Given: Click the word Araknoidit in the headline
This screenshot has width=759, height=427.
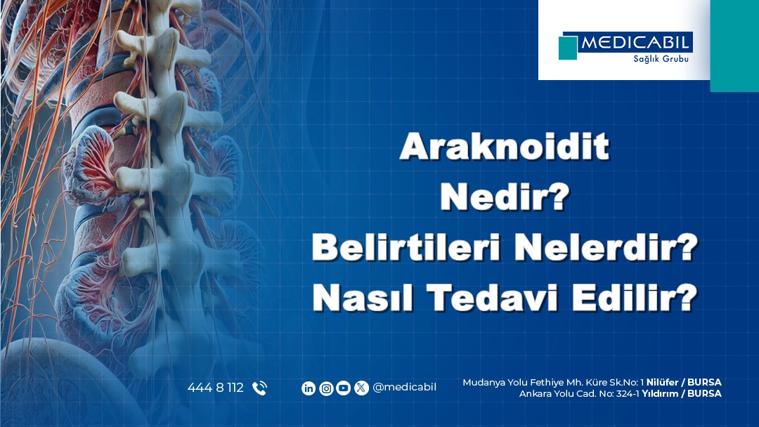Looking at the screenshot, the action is [505, 146].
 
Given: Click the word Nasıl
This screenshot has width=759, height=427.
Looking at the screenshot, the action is [363, 298].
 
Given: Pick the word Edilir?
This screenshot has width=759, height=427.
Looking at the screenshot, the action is [635, 298].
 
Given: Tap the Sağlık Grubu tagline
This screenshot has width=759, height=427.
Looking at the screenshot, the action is [661, 59].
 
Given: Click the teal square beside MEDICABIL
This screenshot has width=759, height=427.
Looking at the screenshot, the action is [568, 48].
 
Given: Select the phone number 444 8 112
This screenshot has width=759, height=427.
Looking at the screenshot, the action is [216, 388].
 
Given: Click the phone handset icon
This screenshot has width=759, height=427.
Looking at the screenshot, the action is [259, 388].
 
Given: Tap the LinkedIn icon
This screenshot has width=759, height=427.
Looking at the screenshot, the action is [309, 388].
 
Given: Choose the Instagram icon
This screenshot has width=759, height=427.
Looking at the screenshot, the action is [326, 388].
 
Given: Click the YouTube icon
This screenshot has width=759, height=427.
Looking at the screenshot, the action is [343, 388].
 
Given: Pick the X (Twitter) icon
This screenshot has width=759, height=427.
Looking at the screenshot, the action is [361, 388].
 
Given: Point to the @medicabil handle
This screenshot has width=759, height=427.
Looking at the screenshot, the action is [404, 388].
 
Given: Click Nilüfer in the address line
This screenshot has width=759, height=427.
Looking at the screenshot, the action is [662, 383].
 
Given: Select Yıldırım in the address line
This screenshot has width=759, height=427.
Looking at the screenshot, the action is [659, 393].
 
